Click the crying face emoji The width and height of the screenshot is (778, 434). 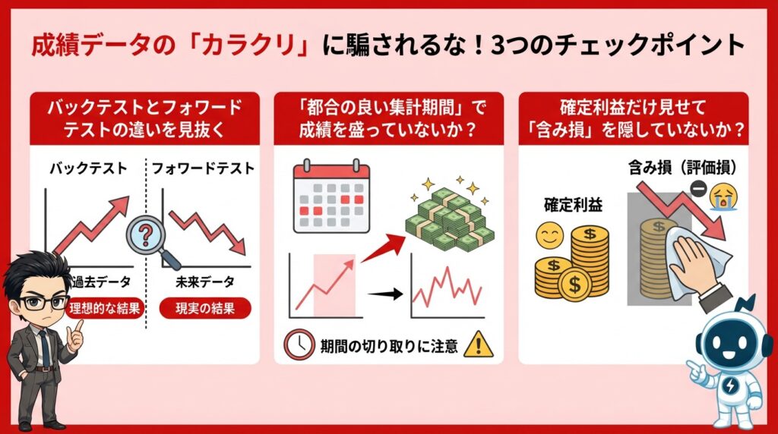pos(721,199)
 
